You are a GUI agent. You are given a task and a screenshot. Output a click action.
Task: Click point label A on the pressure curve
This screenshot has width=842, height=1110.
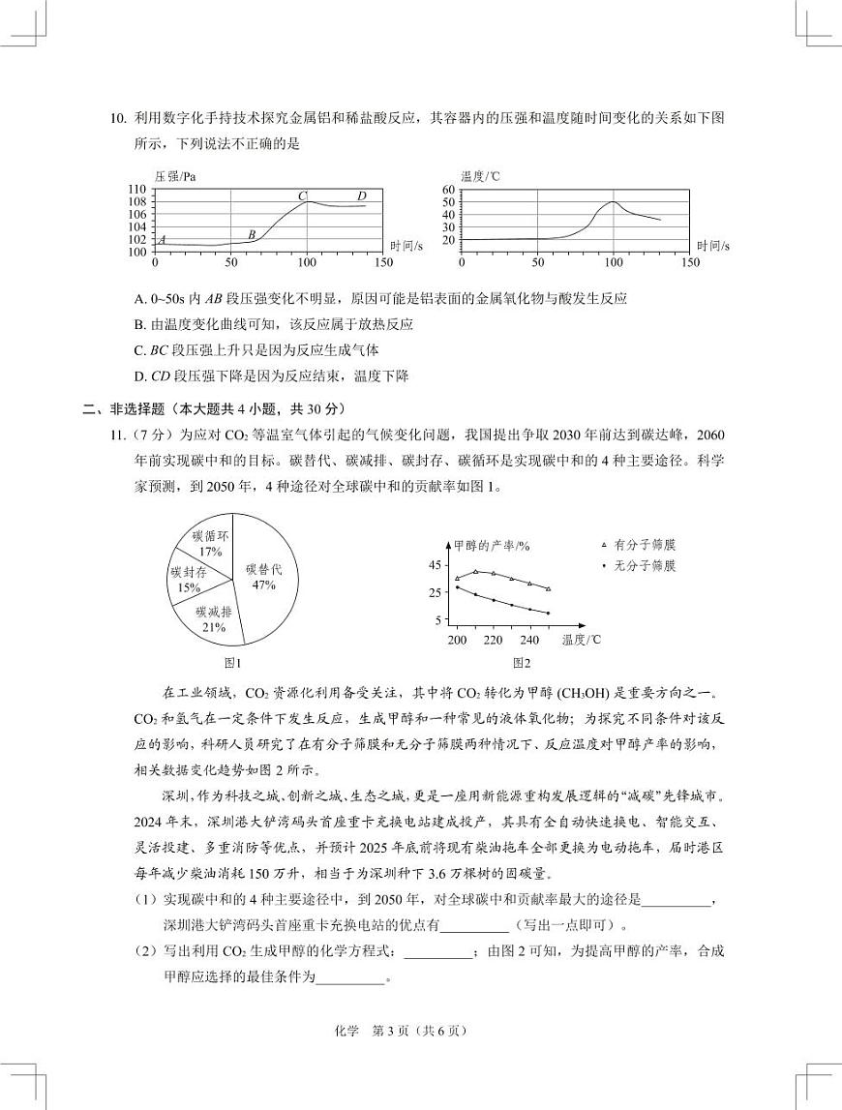(x=162, y=239)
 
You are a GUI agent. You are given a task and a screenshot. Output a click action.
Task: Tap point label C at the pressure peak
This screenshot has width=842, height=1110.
(x=302, y=195)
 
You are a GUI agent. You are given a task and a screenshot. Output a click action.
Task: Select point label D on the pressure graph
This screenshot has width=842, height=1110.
(x=361, y=195)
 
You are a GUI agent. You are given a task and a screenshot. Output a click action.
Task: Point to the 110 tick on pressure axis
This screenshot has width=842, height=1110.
(x=136, y=190)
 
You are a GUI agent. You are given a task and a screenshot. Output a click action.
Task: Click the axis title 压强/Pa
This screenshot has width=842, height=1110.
(x=175, y=176)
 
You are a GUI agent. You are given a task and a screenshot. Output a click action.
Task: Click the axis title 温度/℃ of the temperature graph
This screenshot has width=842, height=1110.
(x=480, y=176)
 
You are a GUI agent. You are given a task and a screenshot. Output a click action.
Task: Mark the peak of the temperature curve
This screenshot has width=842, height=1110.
(x=612, y=202)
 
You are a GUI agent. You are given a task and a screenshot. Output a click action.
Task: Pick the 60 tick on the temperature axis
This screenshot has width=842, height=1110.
(x=448, y=190)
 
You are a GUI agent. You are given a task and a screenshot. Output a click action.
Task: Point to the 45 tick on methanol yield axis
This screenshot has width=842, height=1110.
(x=435, y=565)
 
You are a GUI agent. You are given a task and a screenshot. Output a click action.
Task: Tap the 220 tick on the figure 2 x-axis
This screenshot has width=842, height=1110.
(x=493, y=640)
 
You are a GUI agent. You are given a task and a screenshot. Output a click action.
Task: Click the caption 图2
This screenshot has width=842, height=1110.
(x=522, y=663)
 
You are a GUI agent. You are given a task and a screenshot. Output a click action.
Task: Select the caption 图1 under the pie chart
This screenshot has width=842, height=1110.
(x=232, y=663)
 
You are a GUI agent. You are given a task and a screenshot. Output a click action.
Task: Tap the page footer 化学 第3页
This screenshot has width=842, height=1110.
(x=420, y=1031)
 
